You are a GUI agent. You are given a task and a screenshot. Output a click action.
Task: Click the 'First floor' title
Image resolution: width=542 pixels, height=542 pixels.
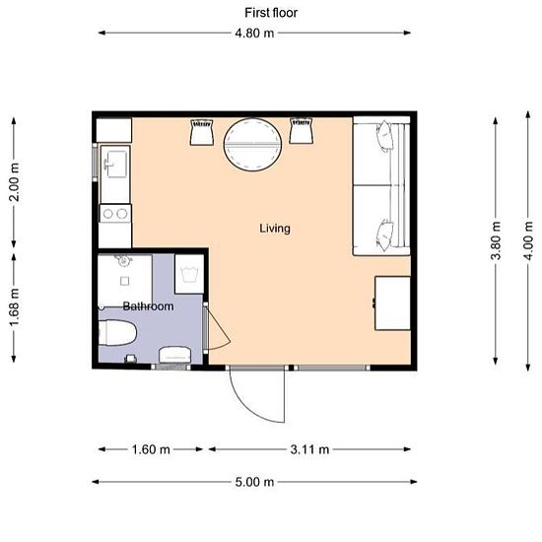pos(271,13)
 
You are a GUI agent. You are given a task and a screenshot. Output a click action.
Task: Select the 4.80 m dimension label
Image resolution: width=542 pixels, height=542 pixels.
pos(254,34)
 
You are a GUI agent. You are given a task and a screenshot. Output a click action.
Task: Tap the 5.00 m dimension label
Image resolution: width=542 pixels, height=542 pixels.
pos(254,482)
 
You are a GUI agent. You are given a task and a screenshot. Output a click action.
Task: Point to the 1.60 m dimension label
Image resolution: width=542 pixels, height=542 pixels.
pos(151,449)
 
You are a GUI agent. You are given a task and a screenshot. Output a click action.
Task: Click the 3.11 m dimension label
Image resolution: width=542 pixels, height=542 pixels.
pos(309,449)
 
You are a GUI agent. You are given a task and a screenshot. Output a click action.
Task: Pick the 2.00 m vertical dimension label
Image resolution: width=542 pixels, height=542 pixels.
pos(14,182)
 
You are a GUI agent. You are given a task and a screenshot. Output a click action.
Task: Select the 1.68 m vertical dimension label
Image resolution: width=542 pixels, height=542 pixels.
pos(14,306)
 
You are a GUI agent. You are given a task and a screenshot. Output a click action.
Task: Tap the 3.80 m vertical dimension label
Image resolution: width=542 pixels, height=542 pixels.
pos(496,240)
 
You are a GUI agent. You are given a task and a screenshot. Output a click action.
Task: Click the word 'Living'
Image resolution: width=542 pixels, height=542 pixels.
pos(275,229)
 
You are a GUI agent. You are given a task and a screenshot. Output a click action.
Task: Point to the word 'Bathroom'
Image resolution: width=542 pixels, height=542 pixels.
pos(148,305)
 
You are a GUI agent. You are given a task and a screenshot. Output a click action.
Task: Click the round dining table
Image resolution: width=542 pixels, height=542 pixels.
pos(252,145)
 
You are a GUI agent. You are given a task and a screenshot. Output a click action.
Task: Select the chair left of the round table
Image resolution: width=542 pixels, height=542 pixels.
pos(202,132)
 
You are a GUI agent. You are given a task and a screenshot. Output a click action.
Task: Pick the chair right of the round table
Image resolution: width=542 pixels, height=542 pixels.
pos(302,131)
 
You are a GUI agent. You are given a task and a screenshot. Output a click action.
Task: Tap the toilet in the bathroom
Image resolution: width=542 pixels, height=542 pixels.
pos(117,332)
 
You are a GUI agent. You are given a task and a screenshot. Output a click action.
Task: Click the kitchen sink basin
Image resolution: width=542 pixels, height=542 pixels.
pos(116,164)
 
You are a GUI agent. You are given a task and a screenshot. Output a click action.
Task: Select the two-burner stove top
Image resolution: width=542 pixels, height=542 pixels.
pos(115,214)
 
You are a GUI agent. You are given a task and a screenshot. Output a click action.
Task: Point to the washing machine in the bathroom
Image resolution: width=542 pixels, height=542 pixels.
pos(189,274)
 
